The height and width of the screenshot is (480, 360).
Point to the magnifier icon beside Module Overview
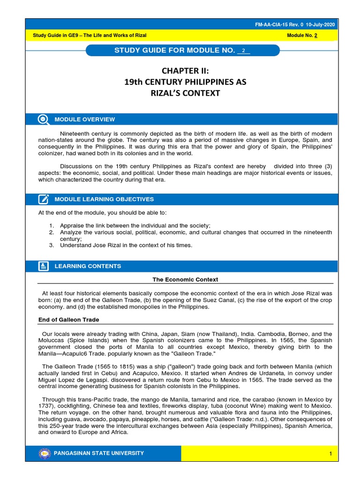point(43,120)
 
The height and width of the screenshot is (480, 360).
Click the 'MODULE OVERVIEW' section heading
point(85,120)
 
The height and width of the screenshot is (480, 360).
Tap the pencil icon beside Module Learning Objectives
point(43,199)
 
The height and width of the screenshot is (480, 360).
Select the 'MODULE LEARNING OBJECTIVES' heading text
point(104,199)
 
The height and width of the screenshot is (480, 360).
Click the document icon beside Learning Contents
point(43,266)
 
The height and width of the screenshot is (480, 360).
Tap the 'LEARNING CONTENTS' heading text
point(88,266)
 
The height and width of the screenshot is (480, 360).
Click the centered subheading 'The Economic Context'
point(185,280)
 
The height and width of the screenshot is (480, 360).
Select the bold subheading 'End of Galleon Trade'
point(68,320)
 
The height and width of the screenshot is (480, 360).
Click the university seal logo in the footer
point(45,453)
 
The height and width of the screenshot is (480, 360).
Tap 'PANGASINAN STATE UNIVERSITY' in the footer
point(99,453)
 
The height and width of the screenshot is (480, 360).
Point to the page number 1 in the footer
point(330,454)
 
